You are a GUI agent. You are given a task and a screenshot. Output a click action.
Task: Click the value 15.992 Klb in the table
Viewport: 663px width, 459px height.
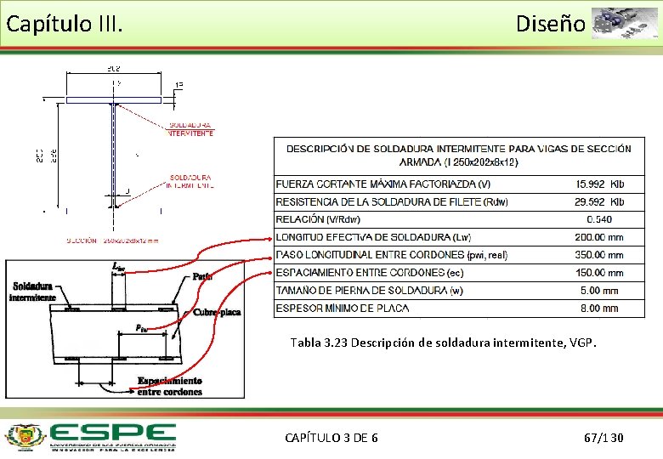599,184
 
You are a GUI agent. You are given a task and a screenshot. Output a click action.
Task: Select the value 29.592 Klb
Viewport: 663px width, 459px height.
599,202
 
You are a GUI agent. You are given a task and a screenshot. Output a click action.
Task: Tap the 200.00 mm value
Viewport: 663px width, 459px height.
599,237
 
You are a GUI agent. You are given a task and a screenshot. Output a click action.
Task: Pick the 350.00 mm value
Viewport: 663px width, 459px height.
599,255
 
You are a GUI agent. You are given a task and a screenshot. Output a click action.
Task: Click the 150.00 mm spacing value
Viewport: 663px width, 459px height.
599,273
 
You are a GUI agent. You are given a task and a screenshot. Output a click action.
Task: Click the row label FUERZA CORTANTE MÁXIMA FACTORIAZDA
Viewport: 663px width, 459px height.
383,184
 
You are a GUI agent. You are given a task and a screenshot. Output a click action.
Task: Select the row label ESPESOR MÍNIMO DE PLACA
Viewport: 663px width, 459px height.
343,309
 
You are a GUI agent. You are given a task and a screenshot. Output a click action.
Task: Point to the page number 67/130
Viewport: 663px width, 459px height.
603,438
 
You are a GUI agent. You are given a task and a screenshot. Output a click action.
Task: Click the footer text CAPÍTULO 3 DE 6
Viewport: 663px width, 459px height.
331,438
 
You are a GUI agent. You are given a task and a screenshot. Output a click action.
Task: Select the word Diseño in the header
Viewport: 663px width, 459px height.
550,24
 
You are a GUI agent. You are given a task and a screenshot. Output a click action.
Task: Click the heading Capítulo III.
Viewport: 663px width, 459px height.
65,24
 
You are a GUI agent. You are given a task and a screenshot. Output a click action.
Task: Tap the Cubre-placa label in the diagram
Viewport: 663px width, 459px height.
217,312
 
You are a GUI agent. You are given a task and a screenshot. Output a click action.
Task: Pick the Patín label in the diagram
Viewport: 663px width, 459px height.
202,276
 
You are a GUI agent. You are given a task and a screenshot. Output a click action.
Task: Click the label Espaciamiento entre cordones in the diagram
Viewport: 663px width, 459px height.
170,386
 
